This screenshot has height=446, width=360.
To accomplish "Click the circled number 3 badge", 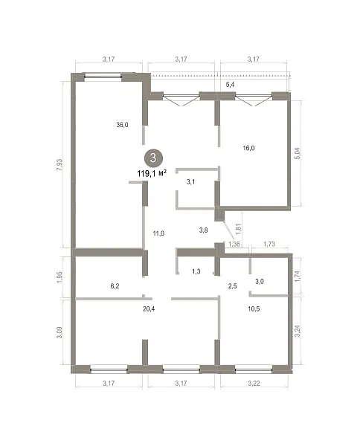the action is [153, 158].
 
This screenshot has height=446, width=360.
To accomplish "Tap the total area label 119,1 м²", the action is [152, 173].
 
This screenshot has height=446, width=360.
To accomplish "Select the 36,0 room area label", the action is [122, 125].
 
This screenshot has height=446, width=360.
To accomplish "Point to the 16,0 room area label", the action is [248, 148].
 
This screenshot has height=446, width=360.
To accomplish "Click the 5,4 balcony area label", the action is [230, 85].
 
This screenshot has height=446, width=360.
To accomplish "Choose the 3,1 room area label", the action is [190, 181].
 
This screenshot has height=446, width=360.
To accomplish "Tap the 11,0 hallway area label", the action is [158, 233].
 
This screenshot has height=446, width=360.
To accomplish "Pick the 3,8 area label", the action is [203, 230].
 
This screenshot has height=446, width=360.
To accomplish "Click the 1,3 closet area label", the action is [196, 271].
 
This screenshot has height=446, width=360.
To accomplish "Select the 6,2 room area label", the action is [115, 286].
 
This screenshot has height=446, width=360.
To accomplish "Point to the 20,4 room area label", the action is [149, 308].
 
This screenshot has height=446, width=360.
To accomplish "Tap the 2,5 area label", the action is [233, 286].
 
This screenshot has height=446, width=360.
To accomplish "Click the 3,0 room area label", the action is [260, 281].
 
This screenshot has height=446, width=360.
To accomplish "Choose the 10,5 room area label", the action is [254, 308].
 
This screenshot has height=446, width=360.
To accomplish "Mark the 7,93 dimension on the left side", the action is [60, 165].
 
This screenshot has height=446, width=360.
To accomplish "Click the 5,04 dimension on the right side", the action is [298, 153].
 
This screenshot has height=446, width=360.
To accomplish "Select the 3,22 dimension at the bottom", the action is [254, 383].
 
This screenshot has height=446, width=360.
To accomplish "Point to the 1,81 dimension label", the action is [239, 229].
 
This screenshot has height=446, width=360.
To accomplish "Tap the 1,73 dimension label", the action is [269, 244].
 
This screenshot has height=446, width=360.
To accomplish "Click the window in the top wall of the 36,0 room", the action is [103, 76].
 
